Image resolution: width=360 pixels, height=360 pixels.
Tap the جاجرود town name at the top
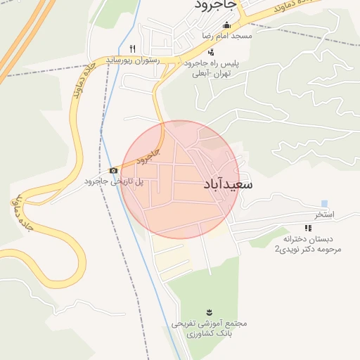tap(217, 6)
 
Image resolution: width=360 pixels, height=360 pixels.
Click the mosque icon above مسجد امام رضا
tap(226, 25)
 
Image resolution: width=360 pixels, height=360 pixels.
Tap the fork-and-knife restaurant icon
tap(132, 48)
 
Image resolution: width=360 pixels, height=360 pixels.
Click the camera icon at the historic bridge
tap(113, 171)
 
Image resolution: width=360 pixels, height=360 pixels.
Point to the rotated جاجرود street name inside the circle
tap(146, 158)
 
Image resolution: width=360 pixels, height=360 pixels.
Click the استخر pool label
tap(324, 214)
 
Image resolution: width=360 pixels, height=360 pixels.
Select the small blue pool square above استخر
tap(324, 204)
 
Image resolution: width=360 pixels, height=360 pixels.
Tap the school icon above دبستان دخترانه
tap(307, 228)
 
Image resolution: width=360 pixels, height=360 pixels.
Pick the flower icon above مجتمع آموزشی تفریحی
tap(209, 311)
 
